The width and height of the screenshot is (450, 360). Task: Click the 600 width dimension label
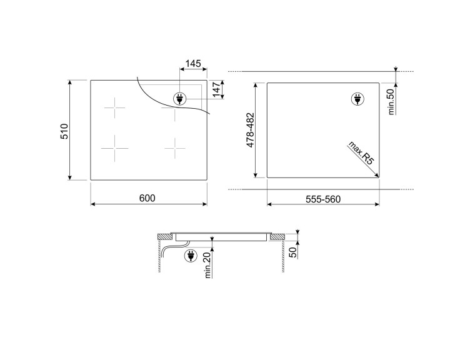(x=147, y=198)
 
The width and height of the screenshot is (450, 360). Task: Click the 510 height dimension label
(x=64, y=130)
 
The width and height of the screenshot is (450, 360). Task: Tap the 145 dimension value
(x=194, y=64)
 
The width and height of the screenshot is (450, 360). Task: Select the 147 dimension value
(x=216, y=89)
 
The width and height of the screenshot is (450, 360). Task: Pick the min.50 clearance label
(x=391, y=101)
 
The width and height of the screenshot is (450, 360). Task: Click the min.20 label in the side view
(x=207, y=265)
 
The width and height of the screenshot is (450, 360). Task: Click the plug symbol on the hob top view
(x=179, y=99)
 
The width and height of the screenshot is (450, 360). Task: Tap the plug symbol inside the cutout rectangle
(x=357, y=99)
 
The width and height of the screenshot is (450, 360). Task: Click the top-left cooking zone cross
(x=115, y=108)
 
